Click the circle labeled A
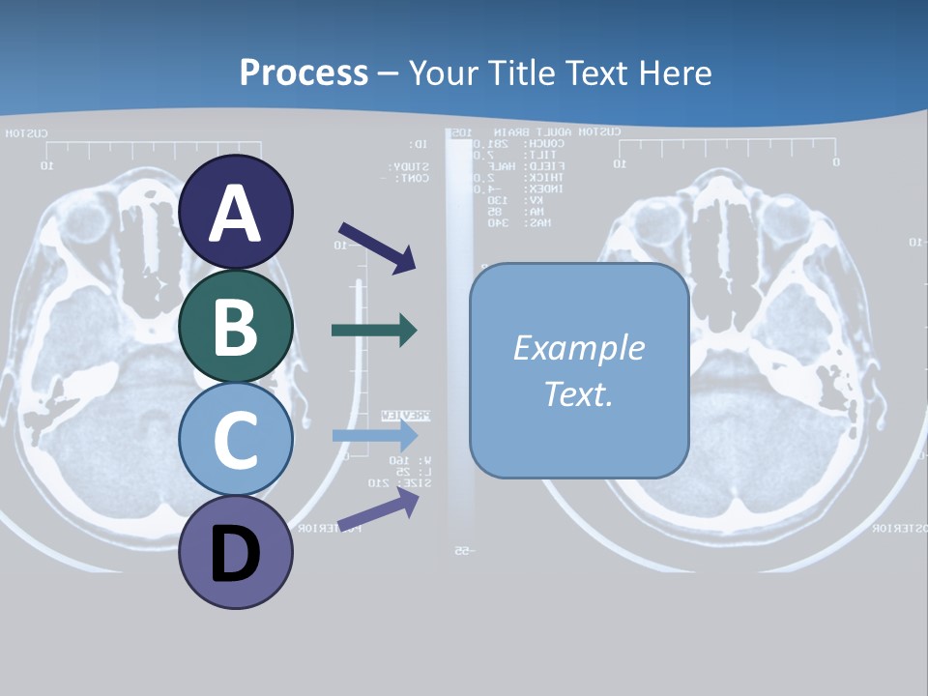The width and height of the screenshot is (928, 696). tap(236, 212)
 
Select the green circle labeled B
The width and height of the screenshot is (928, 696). tap(236, 326)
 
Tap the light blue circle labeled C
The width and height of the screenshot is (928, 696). tap(236, 439)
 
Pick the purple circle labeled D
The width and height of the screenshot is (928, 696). tap(236, 553)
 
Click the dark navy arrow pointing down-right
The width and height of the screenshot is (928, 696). tap(377, 246)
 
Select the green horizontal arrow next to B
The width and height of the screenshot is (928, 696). tap(374, 331)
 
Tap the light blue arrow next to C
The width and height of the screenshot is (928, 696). tap(374, 435)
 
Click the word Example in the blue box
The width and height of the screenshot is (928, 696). tap(578, 348)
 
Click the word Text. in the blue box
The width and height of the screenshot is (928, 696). tap(578, 393)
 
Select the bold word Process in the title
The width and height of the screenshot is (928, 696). tap(304, 72)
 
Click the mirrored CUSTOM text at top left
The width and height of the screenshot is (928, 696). tap(26, 133)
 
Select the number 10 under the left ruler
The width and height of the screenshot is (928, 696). tap(45, 165)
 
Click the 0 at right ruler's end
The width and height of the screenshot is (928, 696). tap(836, 161)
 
